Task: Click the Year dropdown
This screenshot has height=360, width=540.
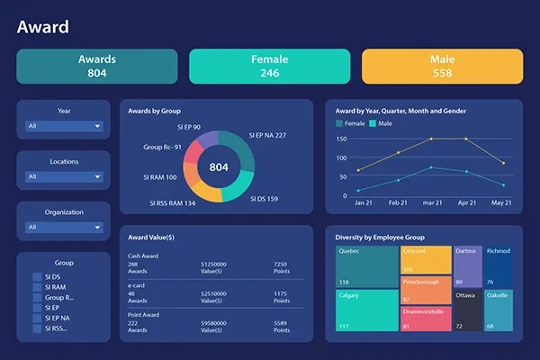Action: [64, 126]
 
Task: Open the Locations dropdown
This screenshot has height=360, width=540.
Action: [64, 176]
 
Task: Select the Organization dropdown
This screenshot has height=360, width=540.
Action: [64, 227]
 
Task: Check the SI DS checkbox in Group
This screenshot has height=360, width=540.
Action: [37, 277]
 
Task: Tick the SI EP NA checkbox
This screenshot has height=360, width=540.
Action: [37, 318]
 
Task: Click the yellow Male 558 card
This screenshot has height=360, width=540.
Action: [442, 66]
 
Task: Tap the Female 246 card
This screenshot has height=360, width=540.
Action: [269, 66]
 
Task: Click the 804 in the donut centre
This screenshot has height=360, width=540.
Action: [220, 166]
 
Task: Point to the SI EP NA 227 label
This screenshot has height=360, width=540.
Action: [267, 136]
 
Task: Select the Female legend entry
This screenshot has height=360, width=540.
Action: [352, 122]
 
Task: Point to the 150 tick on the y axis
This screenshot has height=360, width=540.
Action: [341, 139]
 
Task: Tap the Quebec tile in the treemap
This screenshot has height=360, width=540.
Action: [367, 267]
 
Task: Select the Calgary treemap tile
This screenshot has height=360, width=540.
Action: [367, 310]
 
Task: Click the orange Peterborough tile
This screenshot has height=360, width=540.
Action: [426, 290]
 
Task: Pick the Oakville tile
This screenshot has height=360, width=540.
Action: [499, 310]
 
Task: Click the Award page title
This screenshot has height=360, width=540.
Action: [42, 27]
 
